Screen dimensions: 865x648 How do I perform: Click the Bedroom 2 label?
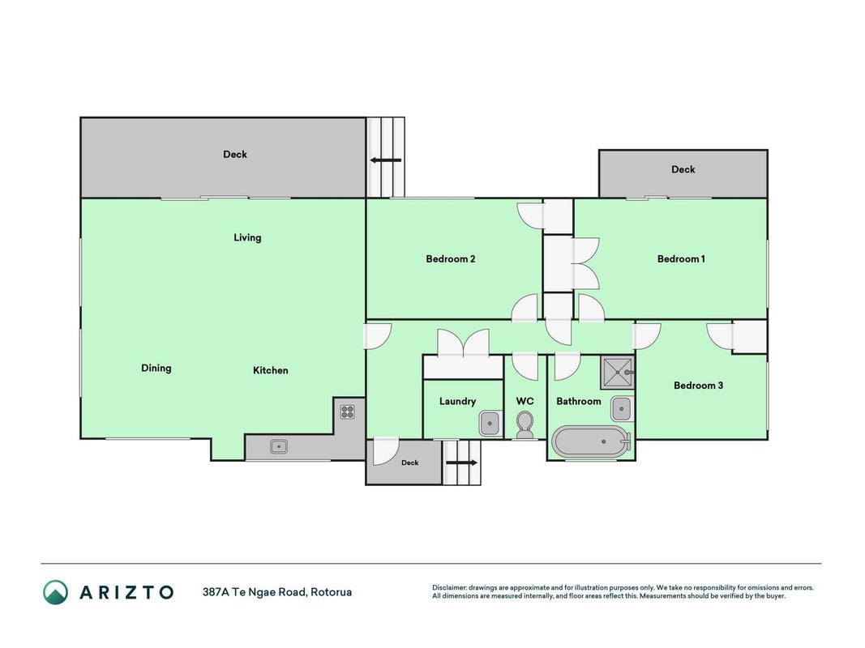click(450, 259)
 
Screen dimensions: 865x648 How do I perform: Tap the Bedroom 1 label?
click(681, 259)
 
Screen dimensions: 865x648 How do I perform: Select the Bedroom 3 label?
click(698, 386)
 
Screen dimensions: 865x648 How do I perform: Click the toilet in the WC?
click(525, 426)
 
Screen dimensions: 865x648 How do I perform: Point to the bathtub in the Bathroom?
click(591, 441)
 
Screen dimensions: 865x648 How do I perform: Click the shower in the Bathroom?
click(618, 373)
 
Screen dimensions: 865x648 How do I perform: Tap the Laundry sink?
click(490, 424)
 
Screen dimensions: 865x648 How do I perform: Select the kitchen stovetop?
click(347, 411)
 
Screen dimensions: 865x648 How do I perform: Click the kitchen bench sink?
click(279, 446)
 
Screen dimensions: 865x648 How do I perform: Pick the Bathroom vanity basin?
click(622, 409)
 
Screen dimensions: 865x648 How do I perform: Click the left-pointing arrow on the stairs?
click(386, 160)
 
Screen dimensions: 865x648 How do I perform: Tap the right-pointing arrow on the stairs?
click(461, 463)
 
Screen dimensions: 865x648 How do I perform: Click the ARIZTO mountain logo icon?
click(56, 592)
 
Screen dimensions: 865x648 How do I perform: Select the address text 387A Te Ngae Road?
click(254, 592)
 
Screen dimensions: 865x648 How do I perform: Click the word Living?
click(247, 237)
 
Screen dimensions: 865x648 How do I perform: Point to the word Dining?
click(156, 368)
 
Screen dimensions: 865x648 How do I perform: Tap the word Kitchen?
click(270, 370)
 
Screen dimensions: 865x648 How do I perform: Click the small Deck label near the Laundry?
click(410, 463)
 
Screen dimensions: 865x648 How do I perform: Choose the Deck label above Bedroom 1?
click(683, 170)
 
